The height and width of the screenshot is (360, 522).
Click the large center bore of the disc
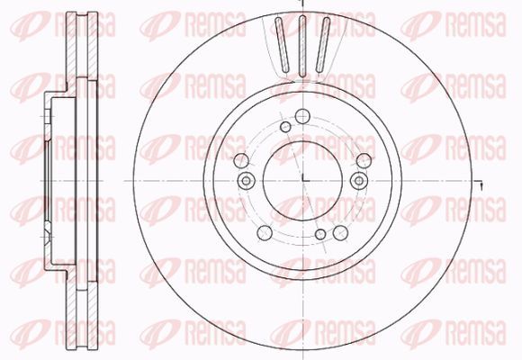click(302, 181)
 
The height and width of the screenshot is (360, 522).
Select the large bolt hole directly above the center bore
click(302, 116)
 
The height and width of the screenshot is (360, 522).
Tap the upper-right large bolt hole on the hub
click(364, 161)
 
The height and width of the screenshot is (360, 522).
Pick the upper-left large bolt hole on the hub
click(242, 161)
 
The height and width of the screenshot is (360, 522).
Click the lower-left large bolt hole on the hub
click(265, 232)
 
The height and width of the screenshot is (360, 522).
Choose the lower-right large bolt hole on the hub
click(340, 232)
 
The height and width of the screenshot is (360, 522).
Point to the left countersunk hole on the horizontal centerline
click(246, 181)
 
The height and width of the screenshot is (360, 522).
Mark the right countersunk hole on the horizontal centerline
click(359, 181)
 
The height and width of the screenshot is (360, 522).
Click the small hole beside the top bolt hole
click(285, 127)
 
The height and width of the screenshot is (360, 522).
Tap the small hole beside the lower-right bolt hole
click(320, 234)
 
